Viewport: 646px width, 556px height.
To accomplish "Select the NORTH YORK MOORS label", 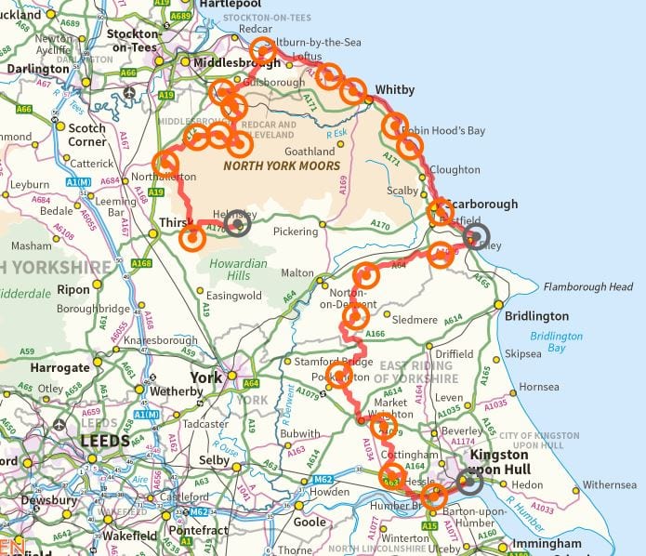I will click(x=282, y=165).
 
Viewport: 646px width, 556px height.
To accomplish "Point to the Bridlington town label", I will click(x=536, y=316).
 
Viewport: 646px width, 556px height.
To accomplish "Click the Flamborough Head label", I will click(x=588, y=287).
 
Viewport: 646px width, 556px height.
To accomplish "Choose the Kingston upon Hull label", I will click(x=501, y=462).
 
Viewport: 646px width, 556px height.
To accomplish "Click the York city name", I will click(x=205, y=378).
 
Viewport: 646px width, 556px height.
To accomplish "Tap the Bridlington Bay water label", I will click(x=557, y=342).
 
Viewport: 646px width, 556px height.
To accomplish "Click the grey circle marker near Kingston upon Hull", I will click(x=468, y=481).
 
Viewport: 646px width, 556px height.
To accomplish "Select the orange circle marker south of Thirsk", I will click(x=191, y=238).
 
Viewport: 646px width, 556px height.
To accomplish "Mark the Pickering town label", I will click(x=295, y=231).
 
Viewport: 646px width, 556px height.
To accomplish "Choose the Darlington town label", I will click(x=38, y=69).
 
